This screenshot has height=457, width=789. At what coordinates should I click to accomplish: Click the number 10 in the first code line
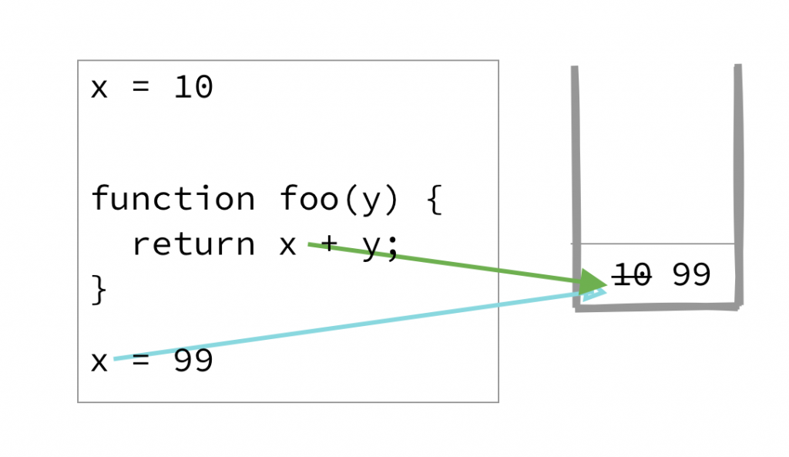193,88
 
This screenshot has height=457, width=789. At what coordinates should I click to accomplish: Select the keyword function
173,199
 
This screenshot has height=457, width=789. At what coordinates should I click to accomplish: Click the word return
193,244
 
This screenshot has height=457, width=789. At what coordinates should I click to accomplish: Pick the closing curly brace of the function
99,290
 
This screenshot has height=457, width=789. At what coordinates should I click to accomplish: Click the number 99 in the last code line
193,361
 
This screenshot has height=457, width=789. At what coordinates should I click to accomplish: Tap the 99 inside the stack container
691,275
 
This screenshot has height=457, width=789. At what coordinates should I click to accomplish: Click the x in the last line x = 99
99,362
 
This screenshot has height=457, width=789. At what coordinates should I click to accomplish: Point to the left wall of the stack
575,185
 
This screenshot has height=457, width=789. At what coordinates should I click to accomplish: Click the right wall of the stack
739,185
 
